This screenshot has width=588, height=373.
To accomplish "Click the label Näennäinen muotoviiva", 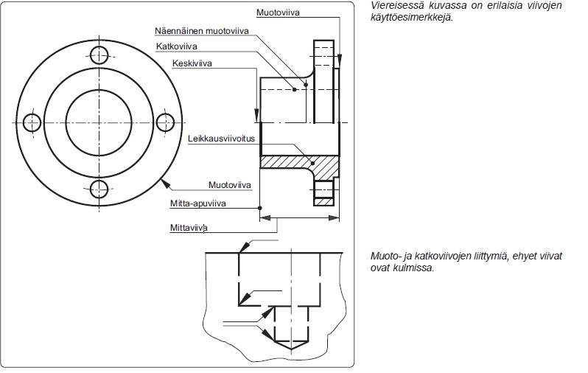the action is click(x=202, y=31).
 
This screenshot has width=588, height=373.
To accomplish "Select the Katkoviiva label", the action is click(x=177, y=46).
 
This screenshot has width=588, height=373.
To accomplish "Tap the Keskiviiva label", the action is click(x=192, y=63).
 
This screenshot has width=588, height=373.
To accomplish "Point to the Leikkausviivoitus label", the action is click(x=221, y=139).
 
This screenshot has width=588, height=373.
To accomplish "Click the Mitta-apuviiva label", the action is click(x=198, y=203).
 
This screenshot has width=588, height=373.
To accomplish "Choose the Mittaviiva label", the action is click(x=189, y=228).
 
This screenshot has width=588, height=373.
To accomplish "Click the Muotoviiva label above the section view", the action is click(x=278, y=13).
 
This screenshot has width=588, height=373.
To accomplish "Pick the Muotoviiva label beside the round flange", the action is click(x=229, y=184).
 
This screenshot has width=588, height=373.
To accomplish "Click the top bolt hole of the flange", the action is click(x=99, y=55).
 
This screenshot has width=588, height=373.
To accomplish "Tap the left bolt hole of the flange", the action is click(x=32, y=122).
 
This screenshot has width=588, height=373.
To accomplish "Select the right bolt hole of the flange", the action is click(x=165, y=122).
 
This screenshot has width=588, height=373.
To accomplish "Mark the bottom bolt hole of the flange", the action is click(x=99, y=189).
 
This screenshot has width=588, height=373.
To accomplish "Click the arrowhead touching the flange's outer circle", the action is click(x=165, y=184).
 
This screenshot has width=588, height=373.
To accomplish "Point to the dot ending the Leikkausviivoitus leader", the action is click(x=312, y=163).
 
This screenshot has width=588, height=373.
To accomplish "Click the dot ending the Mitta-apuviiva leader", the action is click(x=260, y=208).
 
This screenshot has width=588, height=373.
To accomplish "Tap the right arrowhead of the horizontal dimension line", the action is click(x=334, y=217).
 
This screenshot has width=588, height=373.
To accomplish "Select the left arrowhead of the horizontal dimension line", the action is click(x=265, y=217).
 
